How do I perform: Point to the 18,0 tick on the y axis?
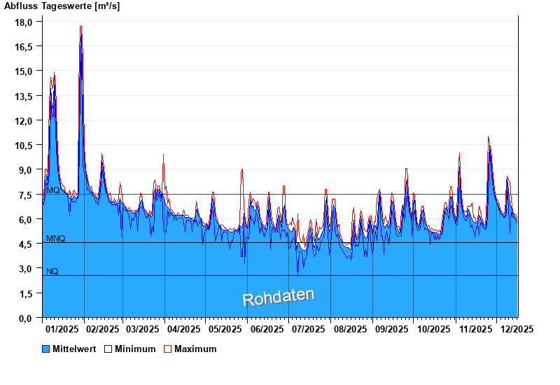coord(24,22)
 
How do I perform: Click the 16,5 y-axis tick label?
coord(24,46)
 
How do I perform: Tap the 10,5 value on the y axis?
coord(24,145)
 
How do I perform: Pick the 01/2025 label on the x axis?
coord(61,328)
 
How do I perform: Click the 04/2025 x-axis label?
coord(184,328)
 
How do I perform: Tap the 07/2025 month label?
coord(308,328)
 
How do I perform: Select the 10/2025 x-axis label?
coord(433,328)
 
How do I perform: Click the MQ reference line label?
coord(52,190)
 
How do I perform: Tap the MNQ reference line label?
coord(56,239)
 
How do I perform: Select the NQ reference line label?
coord(52,272)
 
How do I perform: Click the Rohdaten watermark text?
coord(279,297)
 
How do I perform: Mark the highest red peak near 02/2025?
coord(81,27)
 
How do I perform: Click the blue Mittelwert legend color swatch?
coord(46,349)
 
